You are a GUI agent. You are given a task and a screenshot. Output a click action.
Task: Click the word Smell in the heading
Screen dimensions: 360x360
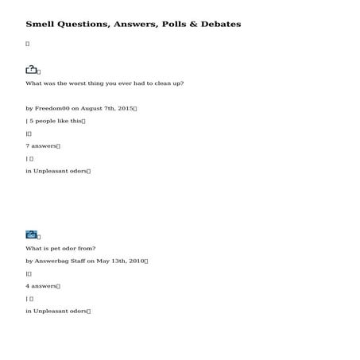38,25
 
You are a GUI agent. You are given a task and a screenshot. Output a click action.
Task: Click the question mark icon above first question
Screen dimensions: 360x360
31,70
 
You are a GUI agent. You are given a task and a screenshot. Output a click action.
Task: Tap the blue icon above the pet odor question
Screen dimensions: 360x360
31,234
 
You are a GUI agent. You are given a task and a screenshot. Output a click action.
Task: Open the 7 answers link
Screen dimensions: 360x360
41,146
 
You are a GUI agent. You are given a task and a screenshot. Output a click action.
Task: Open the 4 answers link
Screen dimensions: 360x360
41,285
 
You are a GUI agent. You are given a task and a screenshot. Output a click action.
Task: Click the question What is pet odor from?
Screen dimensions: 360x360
60,248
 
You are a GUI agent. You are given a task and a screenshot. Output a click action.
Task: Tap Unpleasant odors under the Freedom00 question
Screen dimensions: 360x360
61,171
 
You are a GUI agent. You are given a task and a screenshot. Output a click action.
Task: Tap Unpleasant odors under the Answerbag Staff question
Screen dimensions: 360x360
61,311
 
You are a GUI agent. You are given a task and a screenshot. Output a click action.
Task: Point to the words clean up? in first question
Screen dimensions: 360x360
168,83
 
